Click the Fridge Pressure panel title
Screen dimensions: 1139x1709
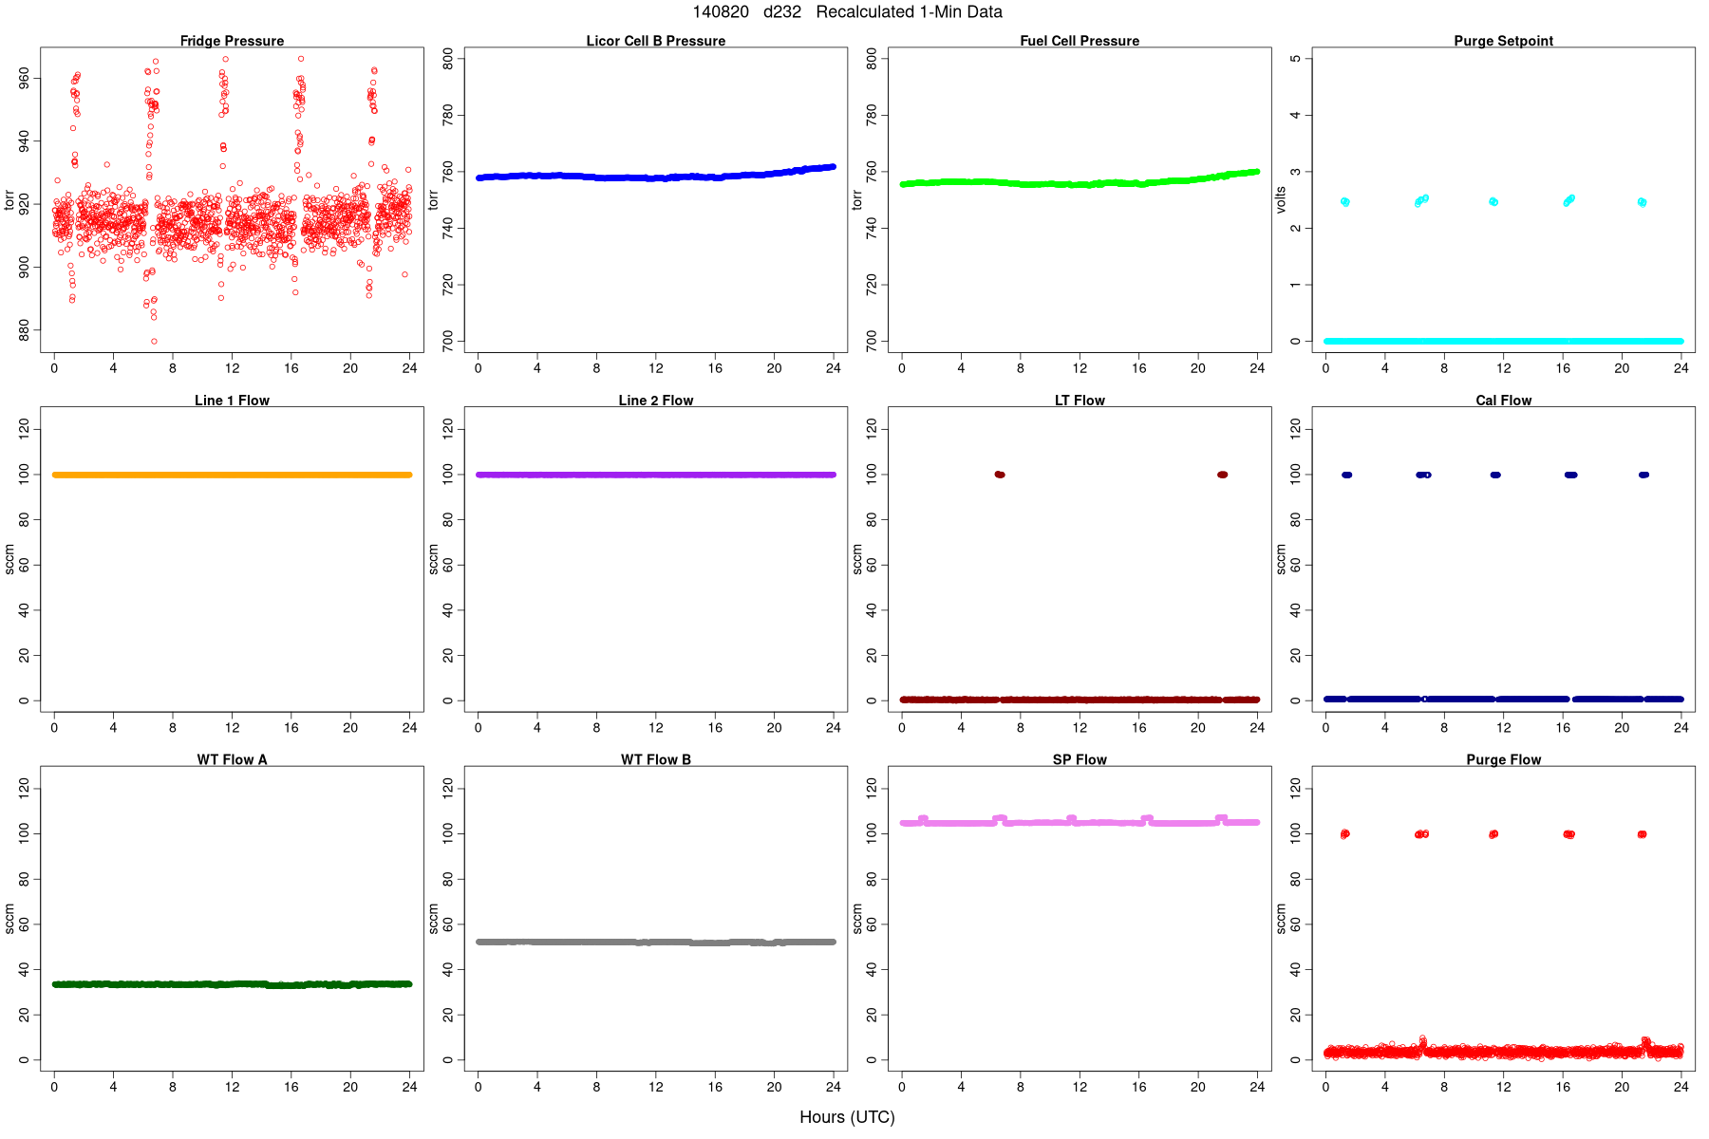[232, 41]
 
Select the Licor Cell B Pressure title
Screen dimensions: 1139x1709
[655, 41]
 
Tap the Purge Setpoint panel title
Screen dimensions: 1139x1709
[1503, 41]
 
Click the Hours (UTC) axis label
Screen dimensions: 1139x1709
[847, 1117]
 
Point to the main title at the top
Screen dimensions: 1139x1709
[847, 12]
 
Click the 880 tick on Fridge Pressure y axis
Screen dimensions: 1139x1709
[24, 329]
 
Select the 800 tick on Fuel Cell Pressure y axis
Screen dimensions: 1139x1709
[872, 59]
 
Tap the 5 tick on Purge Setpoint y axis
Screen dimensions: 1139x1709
[1295, 59]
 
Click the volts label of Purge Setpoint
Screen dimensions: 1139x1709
[1281, 199]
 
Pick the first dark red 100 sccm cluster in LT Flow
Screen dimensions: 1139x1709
[999, 475]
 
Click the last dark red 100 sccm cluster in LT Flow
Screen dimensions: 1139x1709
[1222, 475]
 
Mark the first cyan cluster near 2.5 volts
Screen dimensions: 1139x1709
[1344, 201]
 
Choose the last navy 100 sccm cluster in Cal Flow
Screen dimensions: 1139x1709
[1643, 475]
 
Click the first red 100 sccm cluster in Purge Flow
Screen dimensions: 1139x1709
[1344, 834]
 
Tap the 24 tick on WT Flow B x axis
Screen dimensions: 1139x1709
[833, 1087]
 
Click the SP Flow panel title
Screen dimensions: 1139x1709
[1080, 759]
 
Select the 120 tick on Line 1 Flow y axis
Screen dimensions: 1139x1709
[24, 430]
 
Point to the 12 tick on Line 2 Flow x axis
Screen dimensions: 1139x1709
[655, 728]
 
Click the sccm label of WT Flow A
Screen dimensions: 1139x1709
[9, 919]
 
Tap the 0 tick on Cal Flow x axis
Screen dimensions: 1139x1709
[1325, 728]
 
